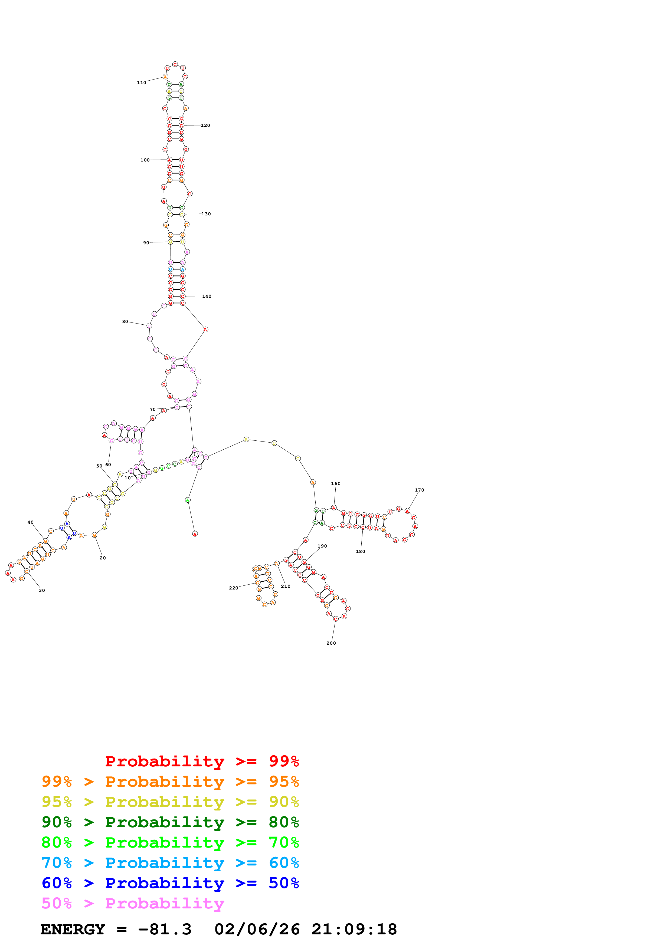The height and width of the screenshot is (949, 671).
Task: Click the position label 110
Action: click(141, 83)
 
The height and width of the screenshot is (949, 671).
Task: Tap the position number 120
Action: click(205, 125)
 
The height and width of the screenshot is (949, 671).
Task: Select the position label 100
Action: click(145, 160)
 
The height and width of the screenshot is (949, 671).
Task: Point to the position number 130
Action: click(206, 214)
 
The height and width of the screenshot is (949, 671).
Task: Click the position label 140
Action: click(207, 296)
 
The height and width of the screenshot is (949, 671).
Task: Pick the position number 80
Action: click(125, 322)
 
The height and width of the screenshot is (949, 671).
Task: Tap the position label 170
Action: click(419, 490)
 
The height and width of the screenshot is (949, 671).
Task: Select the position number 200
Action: click(331, 643)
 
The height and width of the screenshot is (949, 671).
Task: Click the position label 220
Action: click(234, 588)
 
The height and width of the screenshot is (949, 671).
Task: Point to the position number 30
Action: click(42, 590)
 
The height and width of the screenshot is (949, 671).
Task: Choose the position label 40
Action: click(31, 522)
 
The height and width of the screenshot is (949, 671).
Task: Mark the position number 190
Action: click(322, 546)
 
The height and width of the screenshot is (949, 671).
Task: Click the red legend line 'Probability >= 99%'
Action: click(202, 761)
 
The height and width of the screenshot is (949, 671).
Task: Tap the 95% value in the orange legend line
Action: click(284, 781)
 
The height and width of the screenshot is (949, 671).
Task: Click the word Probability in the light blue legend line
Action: click(165, 863)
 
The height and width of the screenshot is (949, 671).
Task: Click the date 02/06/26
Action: click(257, 929)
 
